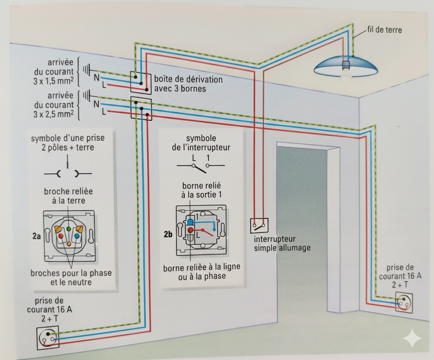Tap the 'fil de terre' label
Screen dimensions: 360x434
[x=384, y=30]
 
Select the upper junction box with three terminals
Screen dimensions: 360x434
[x=141, y=83]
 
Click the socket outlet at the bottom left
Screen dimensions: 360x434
[x=48, y=337]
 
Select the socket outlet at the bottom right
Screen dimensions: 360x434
[x=403, y=303]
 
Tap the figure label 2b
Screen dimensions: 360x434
[x=168, y=234]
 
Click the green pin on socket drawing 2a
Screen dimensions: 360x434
[x=69, y=229]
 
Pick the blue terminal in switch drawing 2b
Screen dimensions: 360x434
[x=191, y=222]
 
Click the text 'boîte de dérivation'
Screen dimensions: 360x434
[x=188, y=80]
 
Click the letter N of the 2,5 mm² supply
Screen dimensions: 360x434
[x=96, y=104]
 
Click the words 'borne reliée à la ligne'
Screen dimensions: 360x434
[x=201, y=268]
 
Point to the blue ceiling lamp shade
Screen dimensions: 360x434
[x=346, y=66]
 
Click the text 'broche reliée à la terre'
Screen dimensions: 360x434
[x=69, y=196]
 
